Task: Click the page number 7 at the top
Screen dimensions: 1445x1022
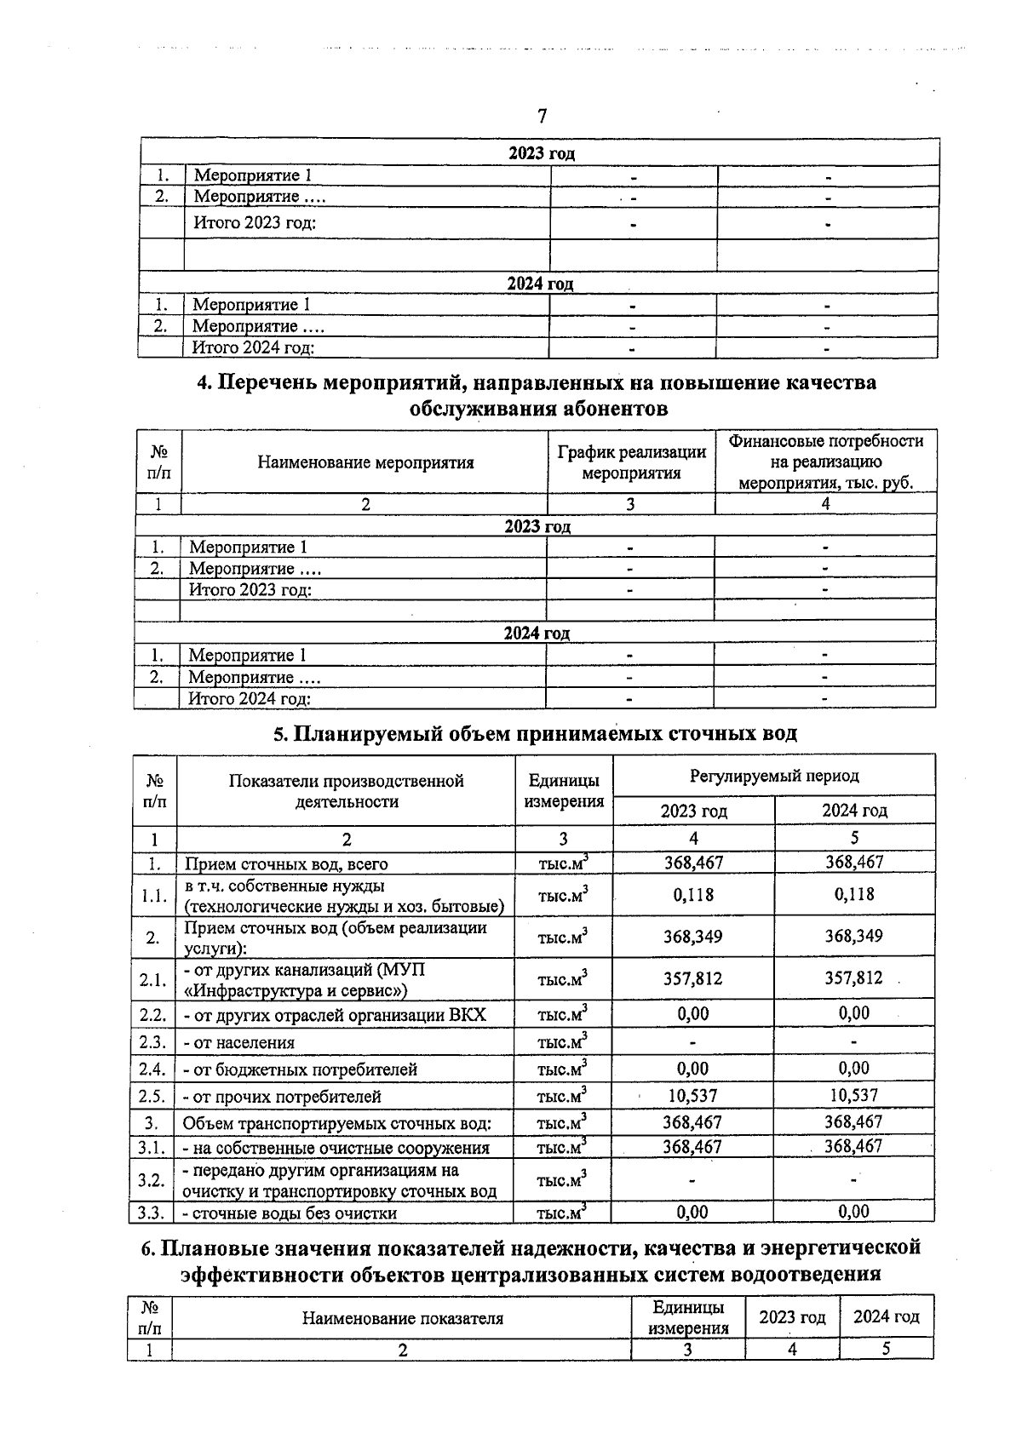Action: pos(542,116)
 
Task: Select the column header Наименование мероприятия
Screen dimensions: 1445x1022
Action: pos(365,462)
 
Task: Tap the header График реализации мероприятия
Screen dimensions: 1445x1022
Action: pos(631,462)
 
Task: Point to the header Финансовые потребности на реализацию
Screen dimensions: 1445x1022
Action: pos(825,462)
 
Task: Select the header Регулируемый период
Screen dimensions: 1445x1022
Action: pos(773,776)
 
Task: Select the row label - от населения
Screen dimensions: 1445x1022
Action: pos(239,1042)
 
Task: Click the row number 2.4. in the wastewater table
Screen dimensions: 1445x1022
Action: pos(152,1069)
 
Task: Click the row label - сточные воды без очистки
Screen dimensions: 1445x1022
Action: pos(290,1213)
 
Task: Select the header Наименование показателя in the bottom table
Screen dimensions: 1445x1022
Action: pos(402,1318)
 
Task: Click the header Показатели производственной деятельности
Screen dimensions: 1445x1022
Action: pos(346,791)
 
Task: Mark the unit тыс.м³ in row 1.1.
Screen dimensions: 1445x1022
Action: pos(562,895)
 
